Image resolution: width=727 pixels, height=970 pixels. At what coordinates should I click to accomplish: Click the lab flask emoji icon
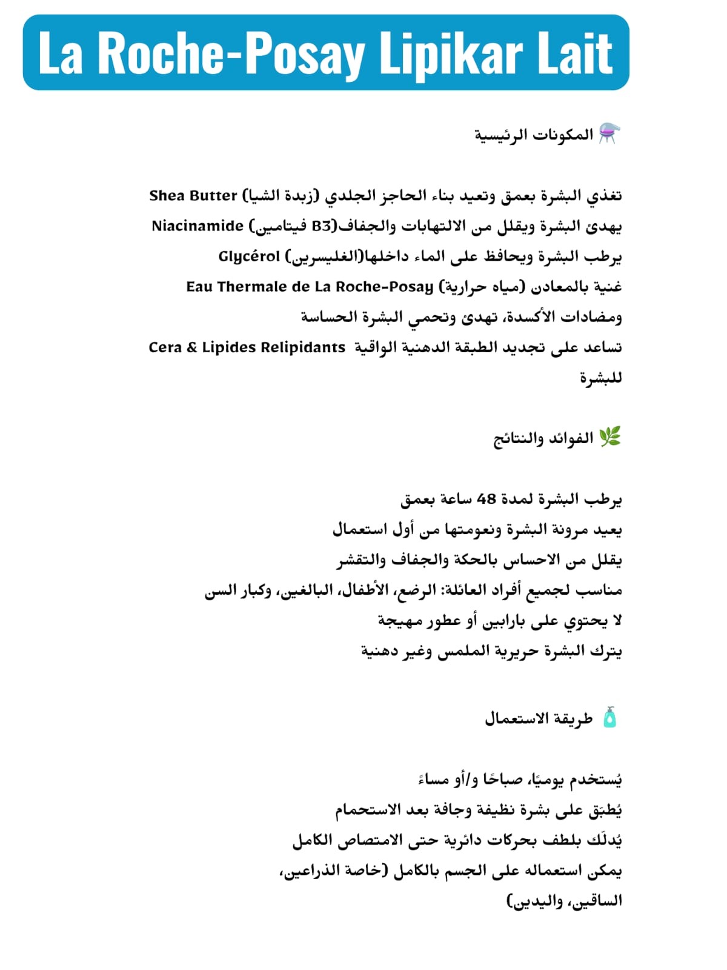(x=609, y=134)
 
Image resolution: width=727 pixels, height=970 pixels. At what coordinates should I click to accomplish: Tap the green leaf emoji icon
(x=609, y=437)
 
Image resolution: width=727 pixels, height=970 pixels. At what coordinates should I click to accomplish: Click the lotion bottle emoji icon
(x=609, y=718)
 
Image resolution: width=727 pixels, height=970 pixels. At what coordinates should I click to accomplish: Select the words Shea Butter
(x=193, y=196)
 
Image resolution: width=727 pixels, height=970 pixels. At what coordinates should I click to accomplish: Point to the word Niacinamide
(x=198, y=226)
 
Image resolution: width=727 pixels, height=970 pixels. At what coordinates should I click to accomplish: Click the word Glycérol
(x=249, y=256)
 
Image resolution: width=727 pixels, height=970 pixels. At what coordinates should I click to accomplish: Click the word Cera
(x=165, y=347)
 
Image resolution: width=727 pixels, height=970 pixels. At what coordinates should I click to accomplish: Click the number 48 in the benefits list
(x=486, y=499)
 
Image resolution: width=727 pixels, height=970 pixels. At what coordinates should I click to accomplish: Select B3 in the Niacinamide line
(x=322, y=226)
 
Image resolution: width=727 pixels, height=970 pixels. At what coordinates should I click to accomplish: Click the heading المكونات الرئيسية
(x=533, y=135)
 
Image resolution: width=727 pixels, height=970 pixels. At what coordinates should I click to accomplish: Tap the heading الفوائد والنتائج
(x=543, y=438)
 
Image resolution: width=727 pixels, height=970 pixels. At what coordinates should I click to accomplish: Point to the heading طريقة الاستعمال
(x=539, y=719)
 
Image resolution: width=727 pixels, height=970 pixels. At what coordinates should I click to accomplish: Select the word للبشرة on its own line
(x=600, y=378)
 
